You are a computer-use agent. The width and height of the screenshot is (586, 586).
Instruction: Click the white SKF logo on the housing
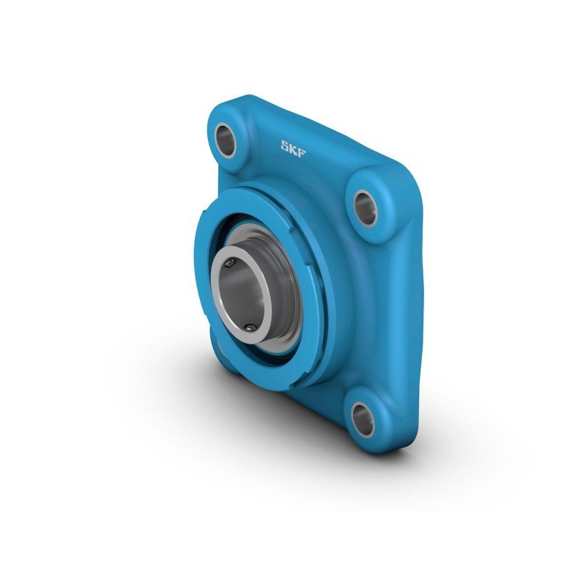pos(293,146)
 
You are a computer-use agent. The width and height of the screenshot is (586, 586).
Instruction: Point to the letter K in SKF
pos(293,146)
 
